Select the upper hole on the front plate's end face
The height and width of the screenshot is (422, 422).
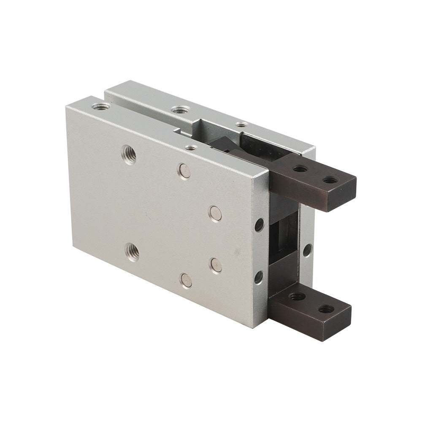[x=260, y=225]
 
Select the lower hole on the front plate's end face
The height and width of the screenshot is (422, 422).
[x=259, y=276]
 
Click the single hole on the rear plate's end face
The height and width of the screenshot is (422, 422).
[x=307, y=249]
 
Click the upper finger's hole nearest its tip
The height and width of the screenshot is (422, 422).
[x=328, y=181]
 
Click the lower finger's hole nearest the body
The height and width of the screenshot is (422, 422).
[x=297, y=297]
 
